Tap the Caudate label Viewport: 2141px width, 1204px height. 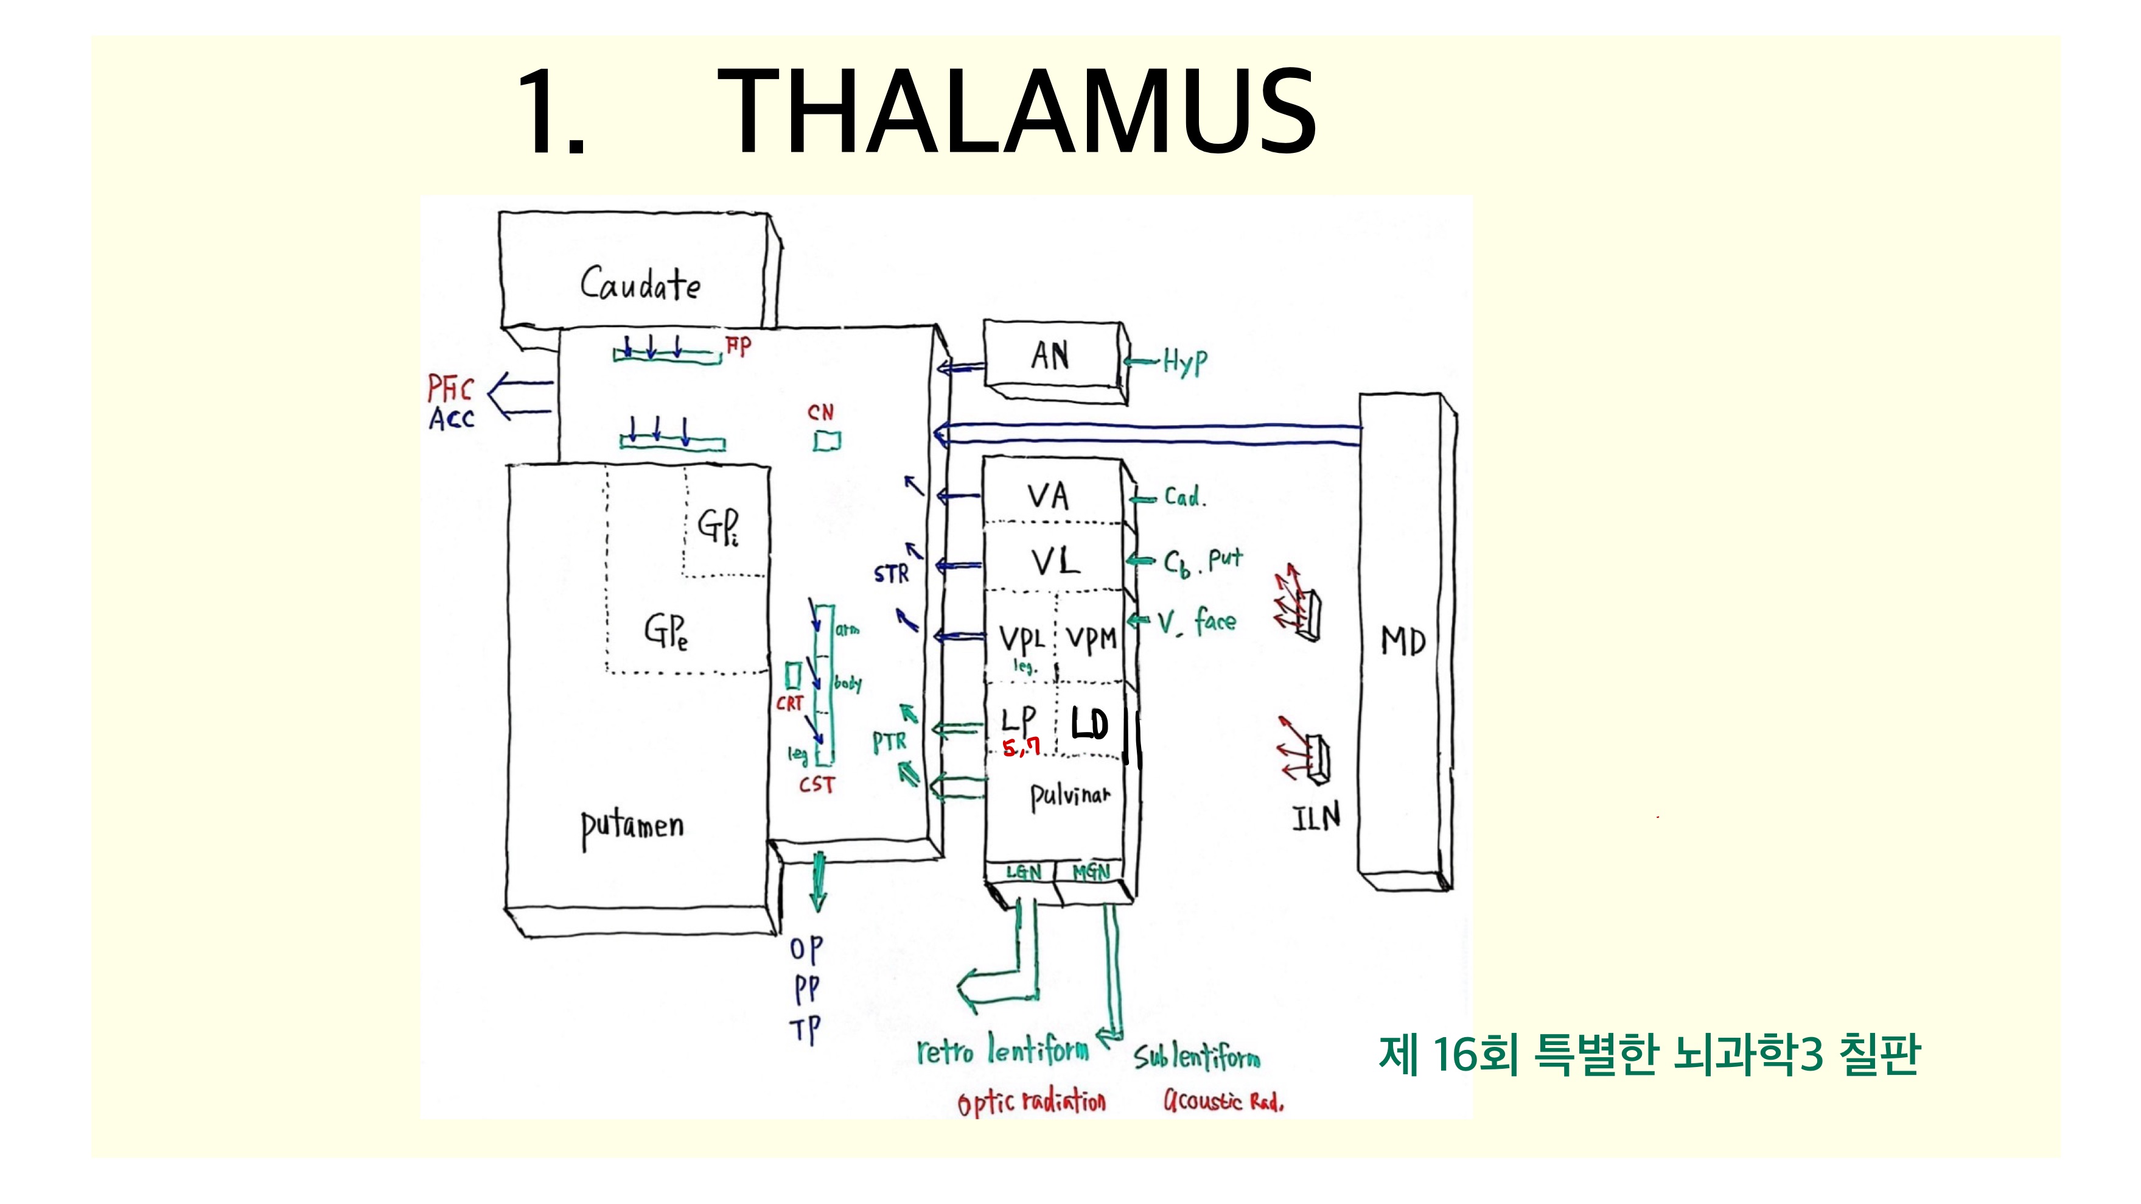(640, 284)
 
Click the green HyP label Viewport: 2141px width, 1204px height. (1184, 362)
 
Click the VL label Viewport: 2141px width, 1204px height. (1055, 562)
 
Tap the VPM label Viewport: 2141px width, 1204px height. (1091, 639)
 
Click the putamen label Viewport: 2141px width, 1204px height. (632, 828)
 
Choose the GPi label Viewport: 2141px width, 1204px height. (718, 526)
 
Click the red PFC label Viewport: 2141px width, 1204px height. (450, 389)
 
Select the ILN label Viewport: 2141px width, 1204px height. (1316, 817)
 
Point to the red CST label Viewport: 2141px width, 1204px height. (816, 784)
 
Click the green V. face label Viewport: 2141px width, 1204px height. (1197, 621)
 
